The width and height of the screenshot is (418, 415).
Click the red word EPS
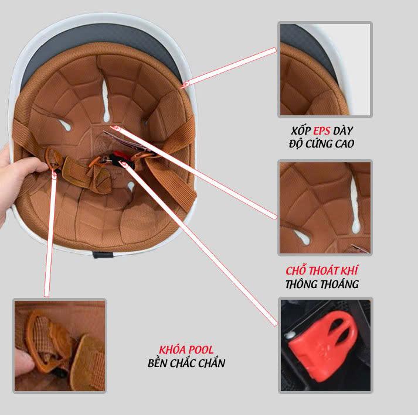coord(321,131)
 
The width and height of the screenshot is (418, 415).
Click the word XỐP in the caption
coord(301,131)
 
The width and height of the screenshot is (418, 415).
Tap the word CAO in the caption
coord(345,144)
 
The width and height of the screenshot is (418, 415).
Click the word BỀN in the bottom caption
coord(158,363)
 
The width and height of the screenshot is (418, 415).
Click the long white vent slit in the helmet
coord(106,100)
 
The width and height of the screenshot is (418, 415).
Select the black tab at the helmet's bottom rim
coord(103,255)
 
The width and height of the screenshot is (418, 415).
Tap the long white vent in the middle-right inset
coord(355,205)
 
